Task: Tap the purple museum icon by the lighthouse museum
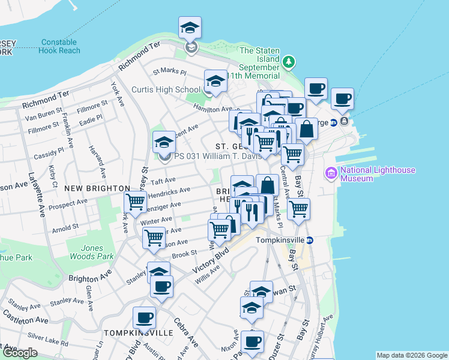click(x=331, y=174)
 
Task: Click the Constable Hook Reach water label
click(x=59, y=47)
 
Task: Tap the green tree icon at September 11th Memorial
click(x=289, y=61)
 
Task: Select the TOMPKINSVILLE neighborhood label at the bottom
click(x=130, y=332)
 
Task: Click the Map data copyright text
click(x=411, y=355)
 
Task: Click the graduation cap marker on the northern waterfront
click(x=190, y=28)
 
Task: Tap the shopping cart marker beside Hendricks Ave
click(x=136, y=202)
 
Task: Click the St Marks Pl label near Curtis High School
click(x=169, y=71)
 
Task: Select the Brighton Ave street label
click(x=91, y=278)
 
